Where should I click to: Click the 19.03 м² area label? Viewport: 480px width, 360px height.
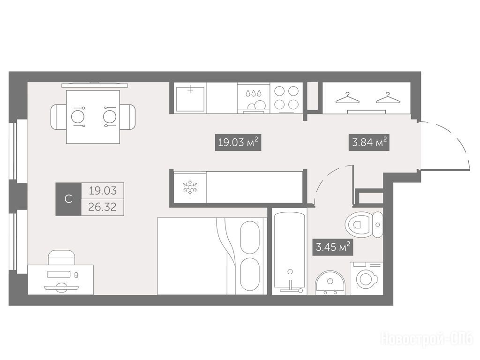(238, 142)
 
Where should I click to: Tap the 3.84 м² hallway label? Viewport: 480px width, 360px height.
(369, 142)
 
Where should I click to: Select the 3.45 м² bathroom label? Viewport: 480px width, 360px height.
(333, 247)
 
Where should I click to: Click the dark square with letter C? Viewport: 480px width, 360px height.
(68, 199)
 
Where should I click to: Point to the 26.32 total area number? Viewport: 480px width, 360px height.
(102, 207)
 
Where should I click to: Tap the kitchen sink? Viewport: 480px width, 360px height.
(190, 98)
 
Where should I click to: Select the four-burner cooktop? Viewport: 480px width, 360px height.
(286, 98)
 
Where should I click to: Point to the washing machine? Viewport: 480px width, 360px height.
(367, 278)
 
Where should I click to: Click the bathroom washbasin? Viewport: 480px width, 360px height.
(330, 283)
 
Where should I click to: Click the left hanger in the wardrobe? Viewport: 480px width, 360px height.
(347, 98)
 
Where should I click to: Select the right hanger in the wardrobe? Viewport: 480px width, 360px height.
(388, 98)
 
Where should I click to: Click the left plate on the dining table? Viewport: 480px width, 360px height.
(78, 117)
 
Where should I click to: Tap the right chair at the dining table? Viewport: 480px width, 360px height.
(127, 117)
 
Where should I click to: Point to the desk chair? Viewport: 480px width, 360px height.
(61, 258)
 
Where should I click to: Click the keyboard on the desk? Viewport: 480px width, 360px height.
(59, 274)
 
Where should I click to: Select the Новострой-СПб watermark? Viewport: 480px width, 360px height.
(427, 339)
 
